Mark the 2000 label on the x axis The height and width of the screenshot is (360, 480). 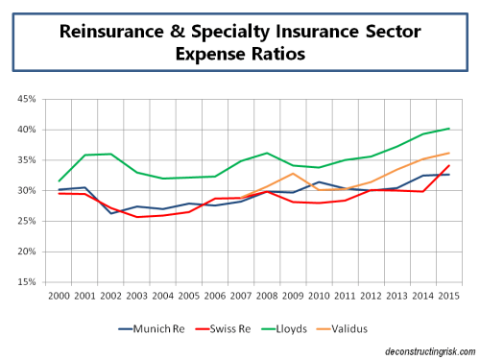58,295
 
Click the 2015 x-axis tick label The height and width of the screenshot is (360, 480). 444,295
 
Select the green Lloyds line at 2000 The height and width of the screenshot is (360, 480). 60,180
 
